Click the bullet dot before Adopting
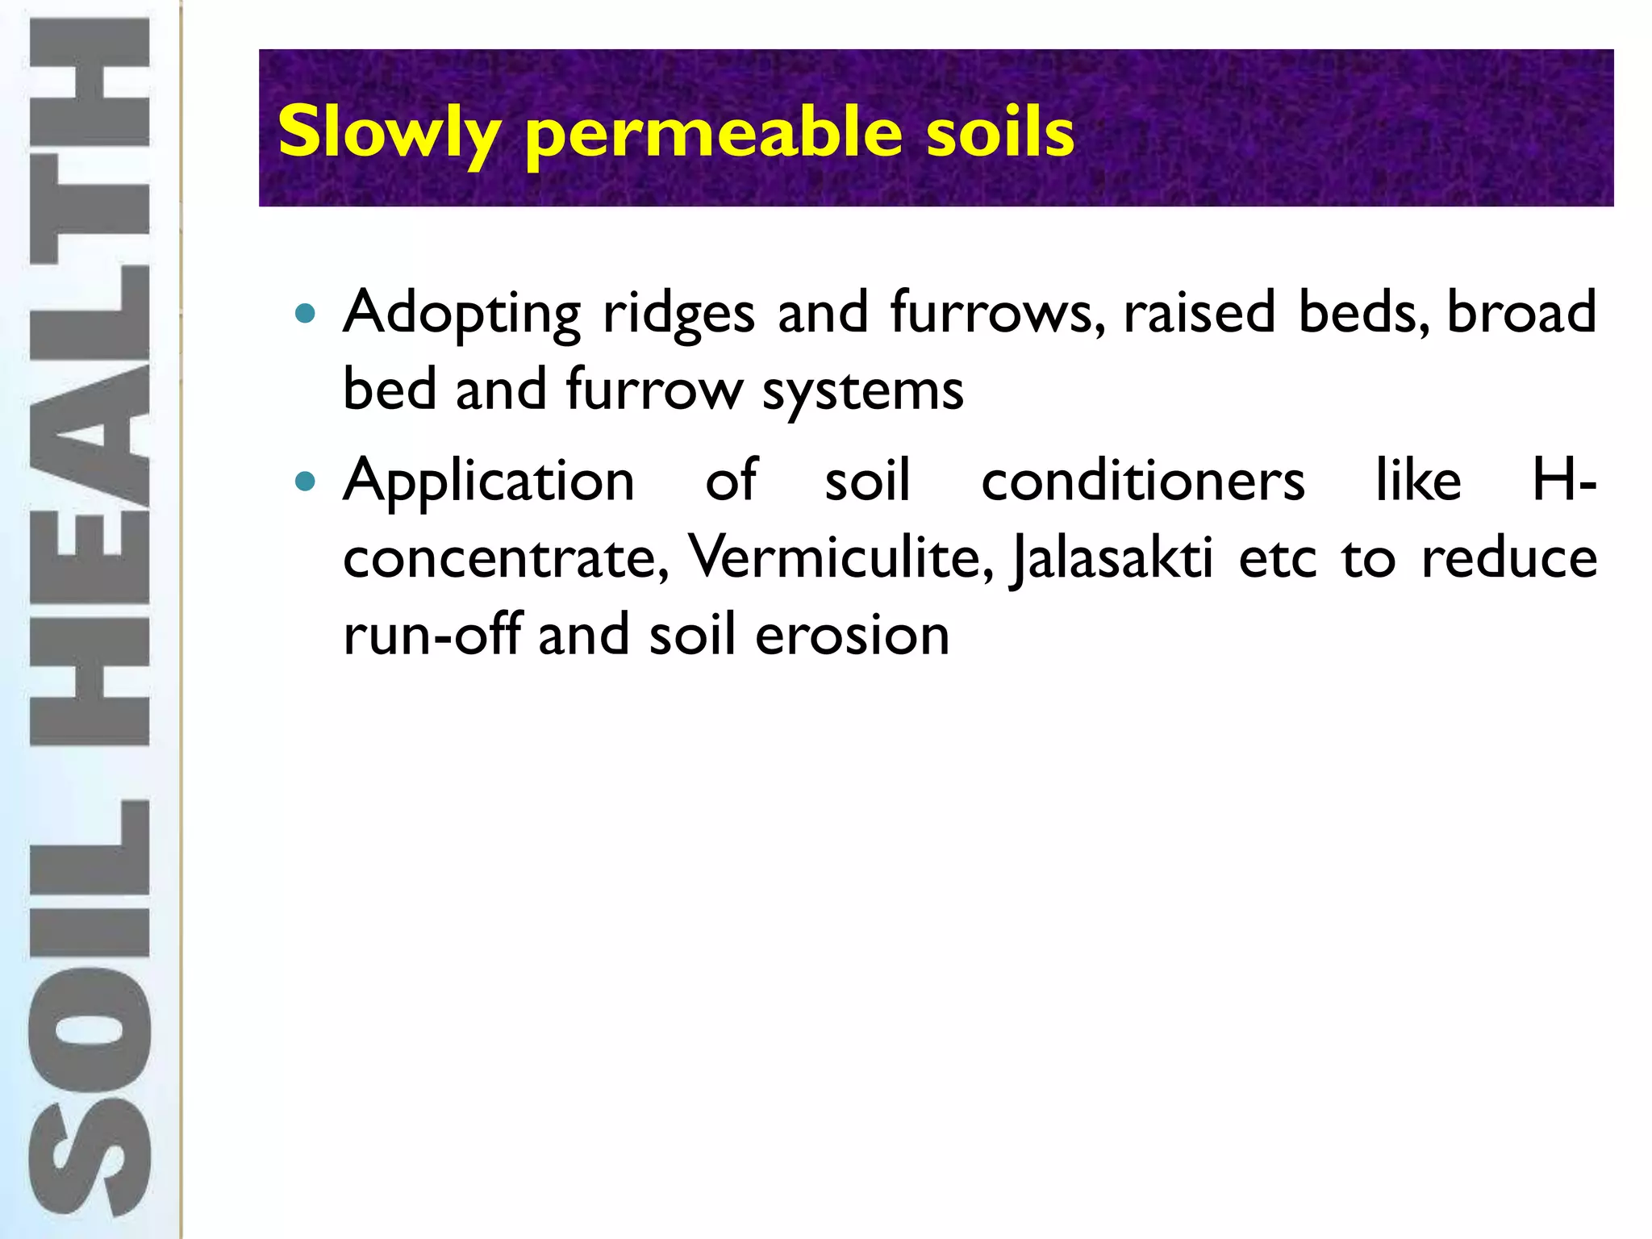click(x=305, y=313)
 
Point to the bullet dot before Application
click(x=305, y=482)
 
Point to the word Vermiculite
click(x=840, y=557)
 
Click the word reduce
click(x=1508, y=557)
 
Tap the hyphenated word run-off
click(x=432, y=635)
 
